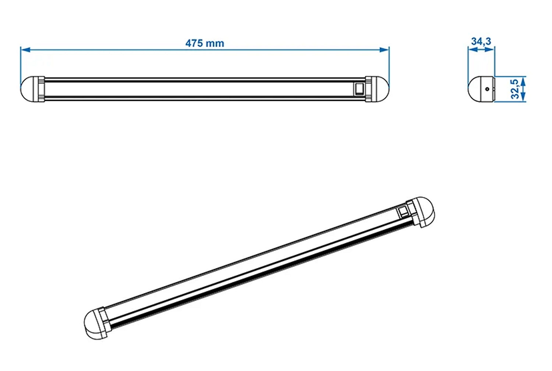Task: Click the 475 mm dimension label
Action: point(205,43)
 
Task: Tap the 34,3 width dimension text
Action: point(481,41)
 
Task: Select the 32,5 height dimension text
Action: point(515,89)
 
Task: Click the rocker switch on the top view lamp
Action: point(359,89)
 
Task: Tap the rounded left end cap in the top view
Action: point(28,89)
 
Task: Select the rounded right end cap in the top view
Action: point(381,89)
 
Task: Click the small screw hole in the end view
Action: point(487,89)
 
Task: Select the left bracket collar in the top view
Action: point(40,89)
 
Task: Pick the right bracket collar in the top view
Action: point(369,89)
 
